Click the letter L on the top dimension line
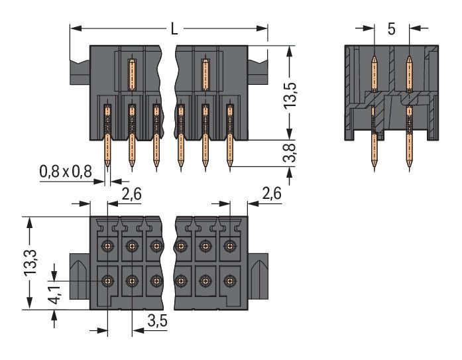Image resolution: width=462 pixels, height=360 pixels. point(174,29)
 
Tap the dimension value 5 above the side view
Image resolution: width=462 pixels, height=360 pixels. point(392,29)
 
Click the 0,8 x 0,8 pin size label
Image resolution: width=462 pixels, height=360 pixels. point(66,171)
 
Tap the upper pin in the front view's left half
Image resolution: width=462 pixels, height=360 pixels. point(132,73)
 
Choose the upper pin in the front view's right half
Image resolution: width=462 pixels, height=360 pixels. point(205,73)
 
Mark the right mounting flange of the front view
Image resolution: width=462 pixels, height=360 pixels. point(259,68)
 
